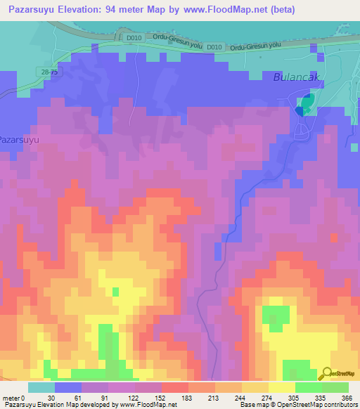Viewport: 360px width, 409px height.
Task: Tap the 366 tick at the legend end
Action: coord(347,397)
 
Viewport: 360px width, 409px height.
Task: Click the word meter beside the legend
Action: coord(11,397)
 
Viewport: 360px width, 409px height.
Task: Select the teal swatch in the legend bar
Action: coord(41,387)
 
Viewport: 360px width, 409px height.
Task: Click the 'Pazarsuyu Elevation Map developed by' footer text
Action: coord(60,405)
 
